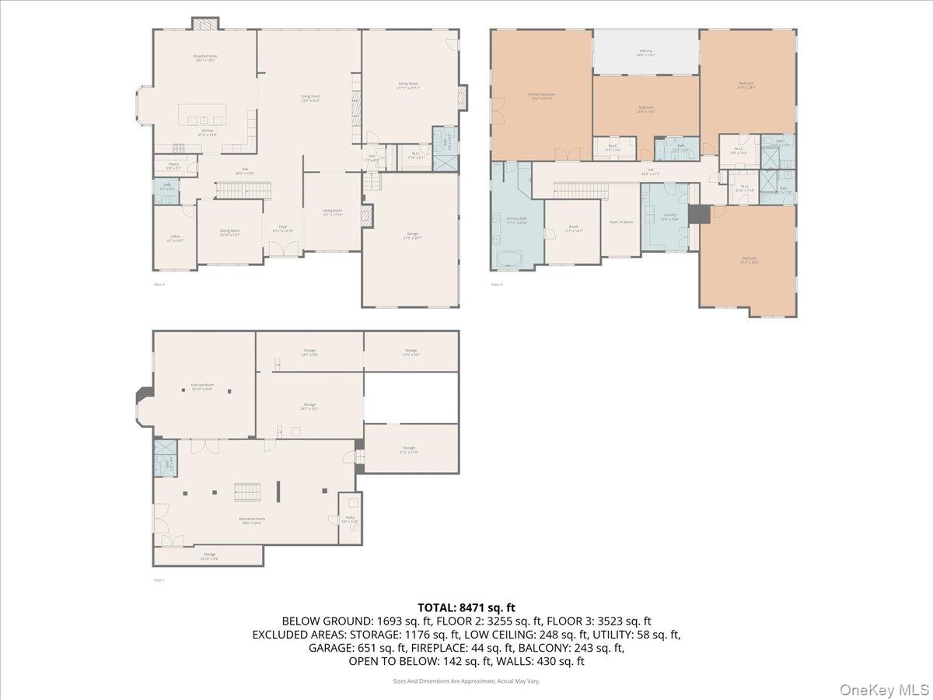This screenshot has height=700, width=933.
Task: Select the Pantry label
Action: click(172, 166)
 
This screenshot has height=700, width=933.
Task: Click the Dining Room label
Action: click(229, 232)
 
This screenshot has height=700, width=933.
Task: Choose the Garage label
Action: click(412, 236)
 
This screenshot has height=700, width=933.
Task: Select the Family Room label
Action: click(408, 86)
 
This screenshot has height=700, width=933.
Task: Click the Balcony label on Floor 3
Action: click(646, 53)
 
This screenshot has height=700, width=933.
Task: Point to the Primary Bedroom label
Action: click(542, 96)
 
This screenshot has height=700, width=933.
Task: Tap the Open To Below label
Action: click(620, 222)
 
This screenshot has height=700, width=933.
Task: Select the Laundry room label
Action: click(669, 217)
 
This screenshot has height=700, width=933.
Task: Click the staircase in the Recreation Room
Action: click(248, 492)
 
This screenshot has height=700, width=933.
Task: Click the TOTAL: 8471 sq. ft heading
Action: click(466, 607)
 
